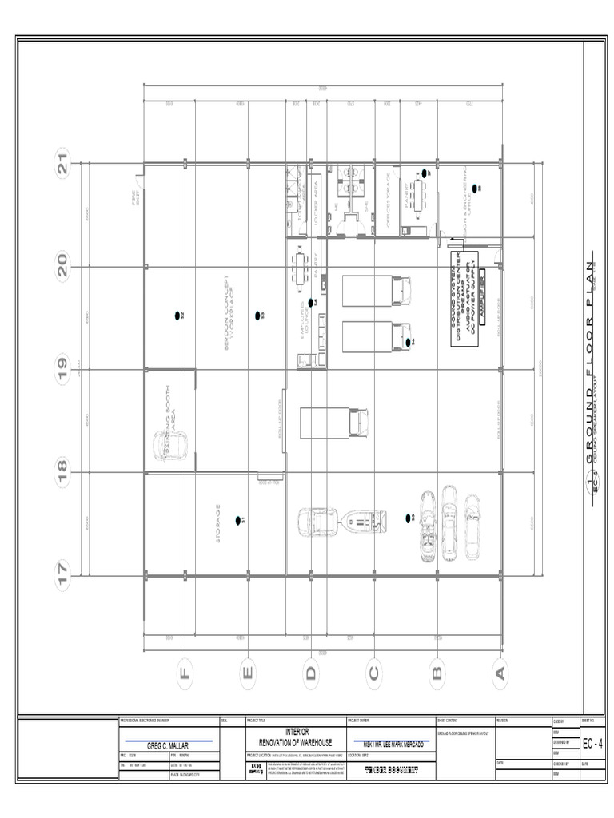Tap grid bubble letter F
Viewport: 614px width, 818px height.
click(x=185, y=673)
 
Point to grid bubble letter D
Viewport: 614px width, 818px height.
click(x=310, y=673)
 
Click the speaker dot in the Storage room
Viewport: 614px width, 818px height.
click(x=238, y=521)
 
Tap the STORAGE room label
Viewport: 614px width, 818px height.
click(x=217, y=523)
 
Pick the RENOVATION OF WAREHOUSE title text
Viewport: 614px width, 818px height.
click(x=296, y=743)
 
